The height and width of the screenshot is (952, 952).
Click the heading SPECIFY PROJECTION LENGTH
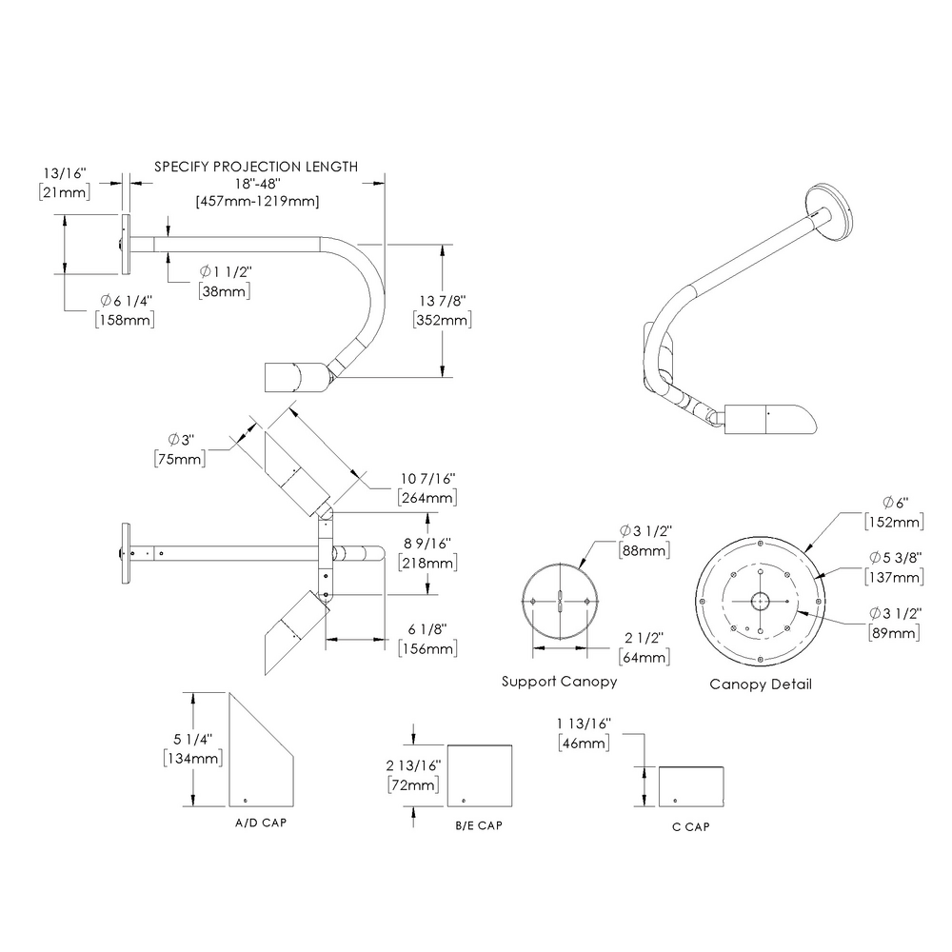click(256, 167)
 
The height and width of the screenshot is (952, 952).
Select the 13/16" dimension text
click(66, 174)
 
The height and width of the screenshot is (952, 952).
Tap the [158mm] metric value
click(126, 320)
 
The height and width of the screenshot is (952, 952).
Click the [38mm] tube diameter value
click(225, 291)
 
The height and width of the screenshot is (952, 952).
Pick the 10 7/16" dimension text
click(426, 478)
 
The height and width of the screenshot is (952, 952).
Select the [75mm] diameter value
click(179, 459)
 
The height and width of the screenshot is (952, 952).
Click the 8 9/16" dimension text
click(427, 544)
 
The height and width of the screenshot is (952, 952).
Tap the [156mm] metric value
click(426, 649)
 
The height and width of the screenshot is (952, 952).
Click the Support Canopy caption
click(559, 682)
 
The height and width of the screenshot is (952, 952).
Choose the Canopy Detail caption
click(761, 684)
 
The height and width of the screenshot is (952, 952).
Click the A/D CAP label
click(260, 822)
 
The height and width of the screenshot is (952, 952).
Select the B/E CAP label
click(478, 825)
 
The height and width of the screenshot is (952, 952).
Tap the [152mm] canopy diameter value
click(893, 522)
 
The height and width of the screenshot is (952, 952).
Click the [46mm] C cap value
click(581, 744)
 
